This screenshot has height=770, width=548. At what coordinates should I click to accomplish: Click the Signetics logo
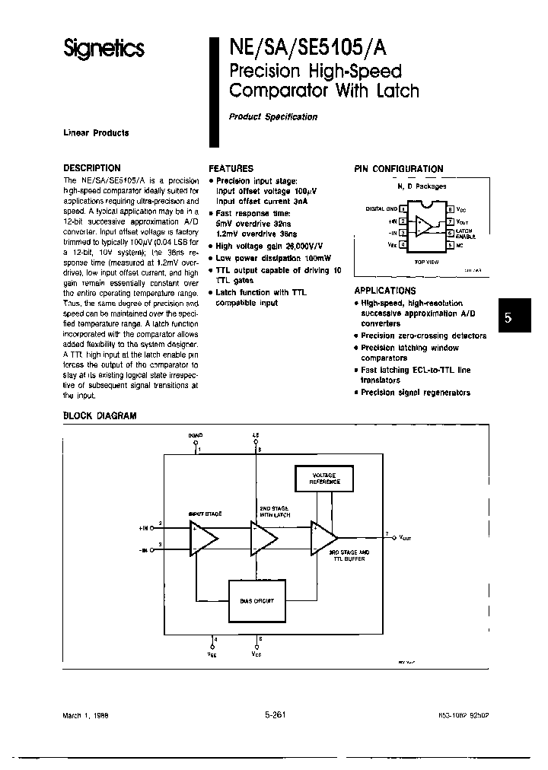pyautogui.click(x=103, y=49)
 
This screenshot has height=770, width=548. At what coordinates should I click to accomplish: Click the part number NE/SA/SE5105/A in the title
pyautogui.click(x=307, y=48)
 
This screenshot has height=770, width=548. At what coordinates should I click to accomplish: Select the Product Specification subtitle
pyautogui.click(x=273, y=116)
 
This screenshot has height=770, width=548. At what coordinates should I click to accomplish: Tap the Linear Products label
pyautogui.click(x=96, y=132)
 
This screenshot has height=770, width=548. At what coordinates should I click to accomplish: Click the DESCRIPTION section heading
pyautogui.click(x=91, y=168)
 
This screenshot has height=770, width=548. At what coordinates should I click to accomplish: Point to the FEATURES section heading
pyautogui.click(x=231, y=168)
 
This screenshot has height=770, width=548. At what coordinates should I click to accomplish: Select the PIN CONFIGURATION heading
pyautogui.click(x=399, y=169)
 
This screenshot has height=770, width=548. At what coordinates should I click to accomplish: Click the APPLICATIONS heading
pyautogui.click(x=385, y=291)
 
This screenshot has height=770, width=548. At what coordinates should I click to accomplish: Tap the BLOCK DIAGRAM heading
pyautogui.click(x=100, y=416)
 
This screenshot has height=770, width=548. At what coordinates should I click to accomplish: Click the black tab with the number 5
pyautogui.click(x=509, y=320)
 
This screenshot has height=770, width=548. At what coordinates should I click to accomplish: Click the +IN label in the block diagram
pyautogui.click(x=144, y=527)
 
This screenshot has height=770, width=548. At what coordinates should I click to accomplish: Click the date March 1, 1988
pyautogui.click(x=85, y=717)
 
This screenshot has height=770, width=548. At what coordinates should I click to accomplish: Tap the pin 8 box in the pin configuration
pyautogui.click(x=450, y=208)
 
